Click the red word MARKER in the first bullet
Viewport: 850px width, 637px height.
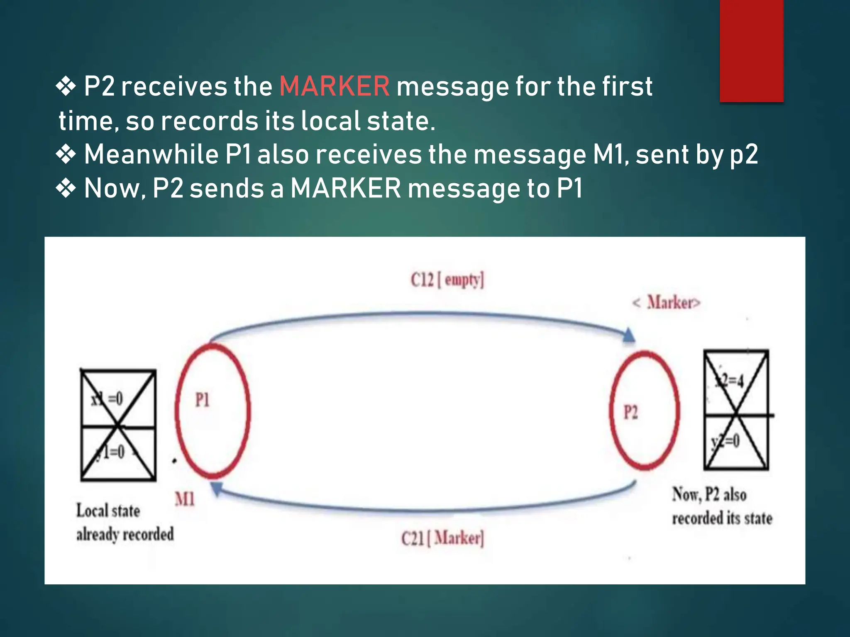coord(335,86)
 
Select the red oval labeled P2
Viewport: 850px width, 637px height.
coord(645,411)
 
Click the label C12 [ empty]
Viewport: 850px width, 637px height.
coord(447,280)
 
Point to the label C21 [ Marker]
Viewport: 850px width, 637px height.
coord(442,538)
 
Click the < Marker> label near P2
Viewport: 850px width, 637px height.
coord(666,303)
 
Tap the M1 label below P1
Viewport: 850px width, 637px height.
coord(185,499)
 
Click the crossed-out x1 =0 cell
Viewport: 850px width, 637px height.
coord(118,398)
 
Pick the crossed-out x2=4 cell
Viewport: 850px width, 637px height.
coord(736,382)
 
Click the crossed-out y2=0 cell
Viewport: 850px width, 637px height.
coord(736,442)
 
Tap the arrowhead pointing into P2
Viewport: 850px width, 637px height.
coord(629,335)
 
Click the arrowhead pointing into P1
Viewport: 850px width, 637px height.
coord(217,488)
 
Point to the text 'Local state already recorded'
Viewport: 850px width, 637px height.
coord(125,522)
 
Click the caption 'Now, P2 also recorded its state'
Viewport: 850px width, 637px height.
coord(722,506)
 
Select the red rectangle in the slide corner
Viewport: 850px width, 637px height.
coord(751,51)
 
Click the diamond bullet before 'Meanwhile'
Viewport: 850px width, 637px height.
coord(66,154)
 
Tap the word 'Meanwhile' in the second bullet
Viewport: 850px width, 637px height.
coord(151,154)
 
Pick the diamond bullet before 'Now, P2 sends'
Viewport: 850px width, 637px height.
coord(66,188)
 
